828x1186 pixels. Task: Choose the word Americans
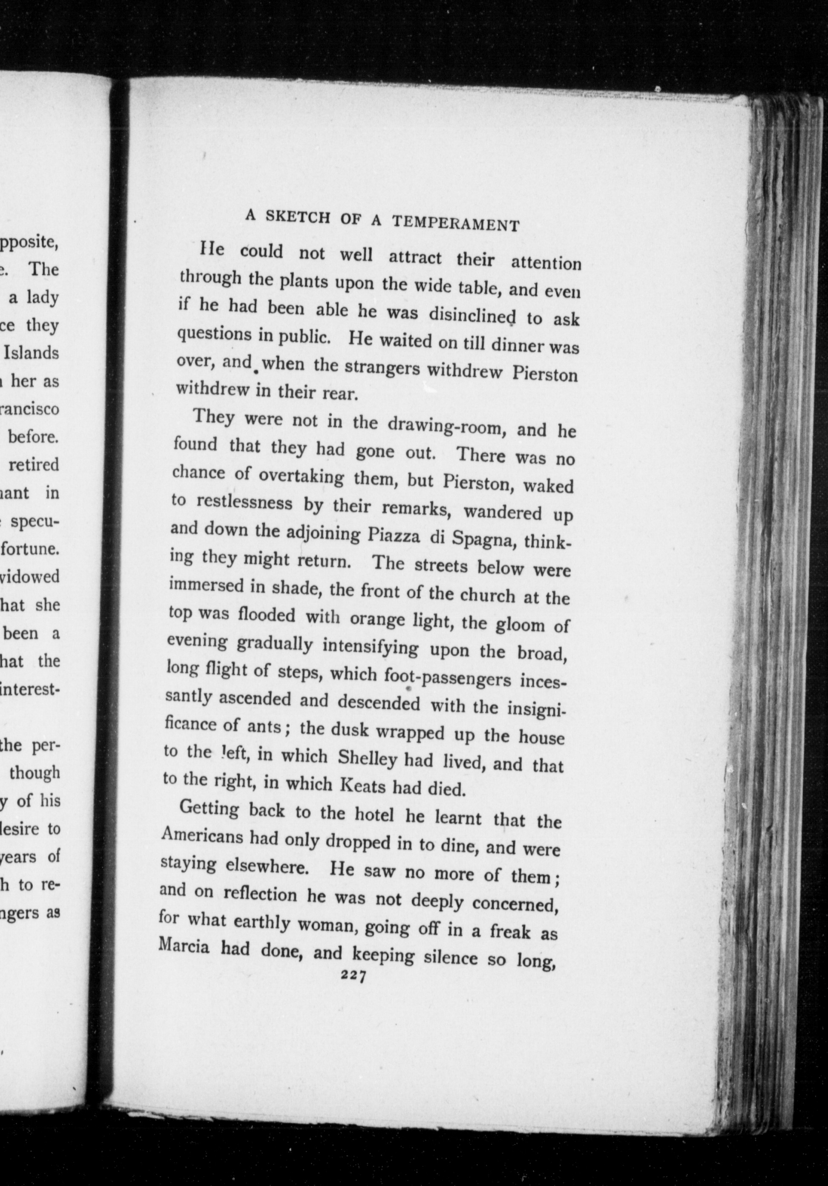[x=201, y=836]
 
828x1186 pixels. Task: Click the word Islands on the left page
[x=31, y=353]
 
